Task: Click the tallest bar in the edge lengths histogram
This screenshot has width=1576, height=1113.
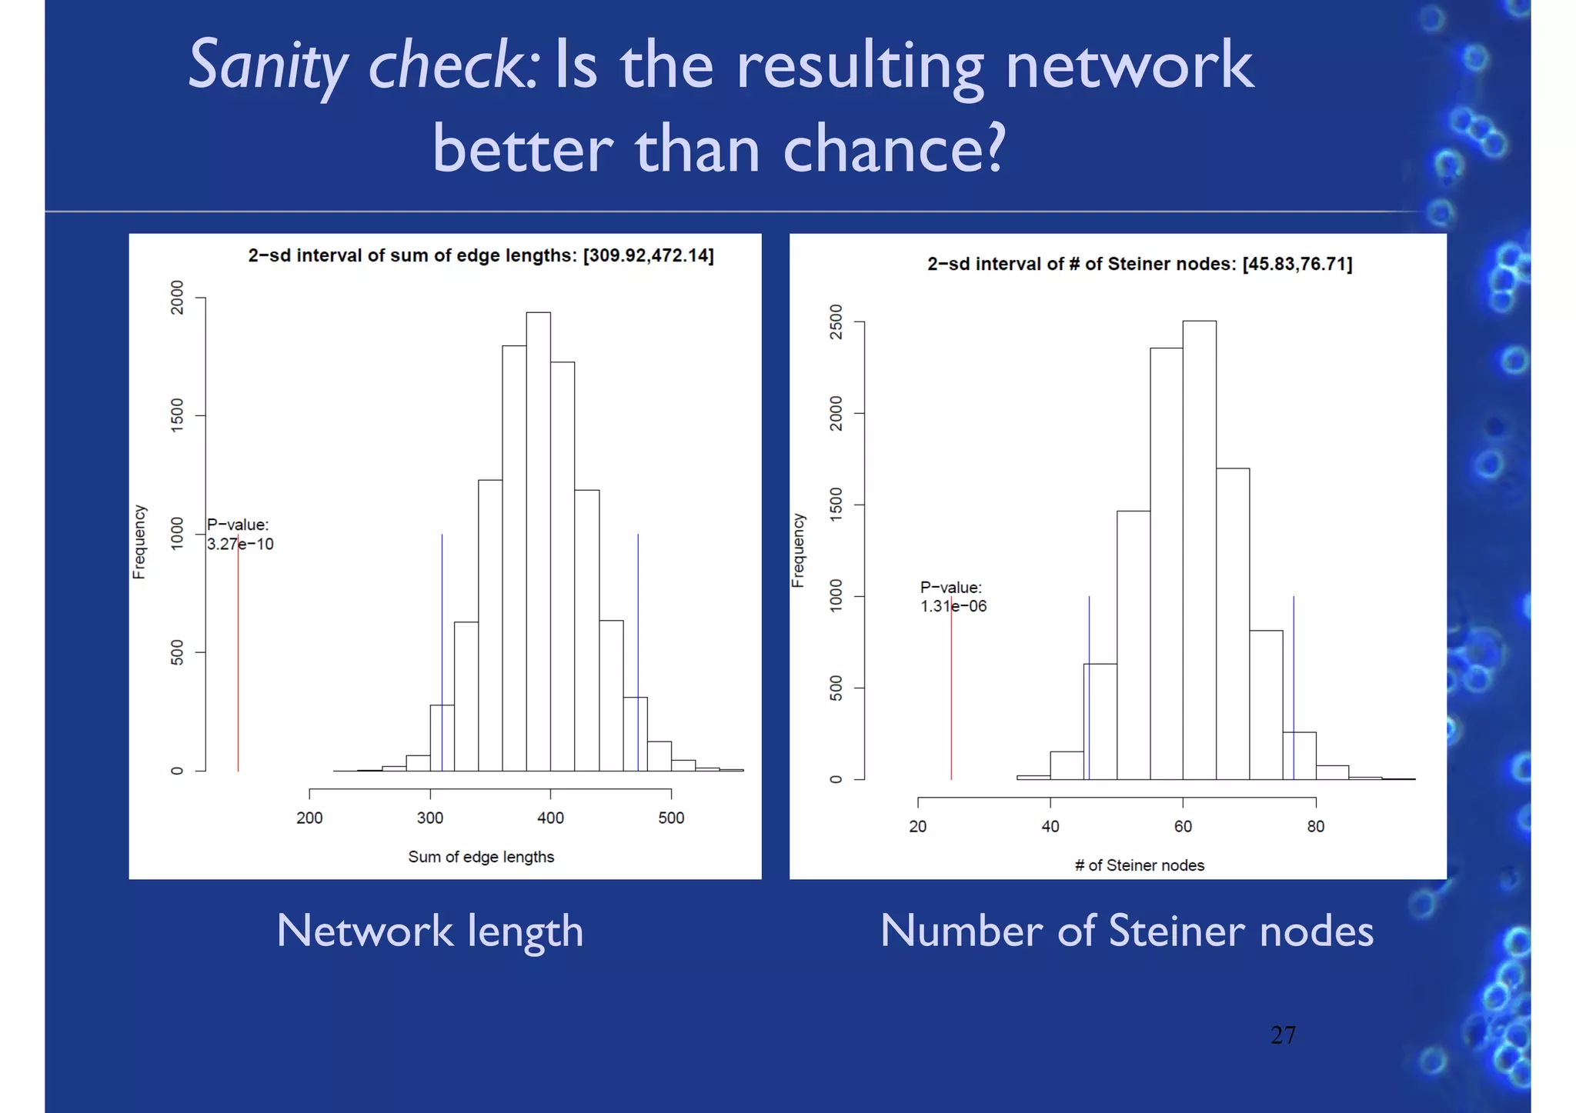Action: coord(538,538)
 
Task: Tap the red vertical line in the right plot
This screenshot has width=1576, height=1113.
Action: coord(951,692)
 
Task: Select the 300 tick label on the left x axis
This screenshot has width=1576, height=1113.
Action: coord(430,818)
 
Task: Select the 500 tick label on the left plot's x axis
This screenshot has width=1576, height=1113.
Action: coord(671,818)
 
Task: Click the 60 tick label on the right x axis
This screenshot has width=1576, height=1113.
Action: coord(1183,826)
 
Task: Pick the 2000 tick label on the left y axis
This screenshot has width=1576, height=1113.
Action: coord(178,297)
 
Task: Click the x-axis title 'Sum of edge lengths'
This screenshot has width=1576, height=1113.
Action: coord(481,857)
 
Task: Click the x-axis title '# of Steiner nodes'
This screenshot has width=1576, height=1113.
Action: coord(1139,865)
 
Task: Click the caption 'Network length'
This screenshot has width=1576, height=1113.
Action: coord(429,931)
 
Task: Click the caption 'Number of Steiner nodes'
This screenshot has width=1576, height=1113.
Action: coord(1126,931)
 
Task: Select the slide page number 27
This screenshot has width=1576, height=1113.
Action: coord(1283,1035)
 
